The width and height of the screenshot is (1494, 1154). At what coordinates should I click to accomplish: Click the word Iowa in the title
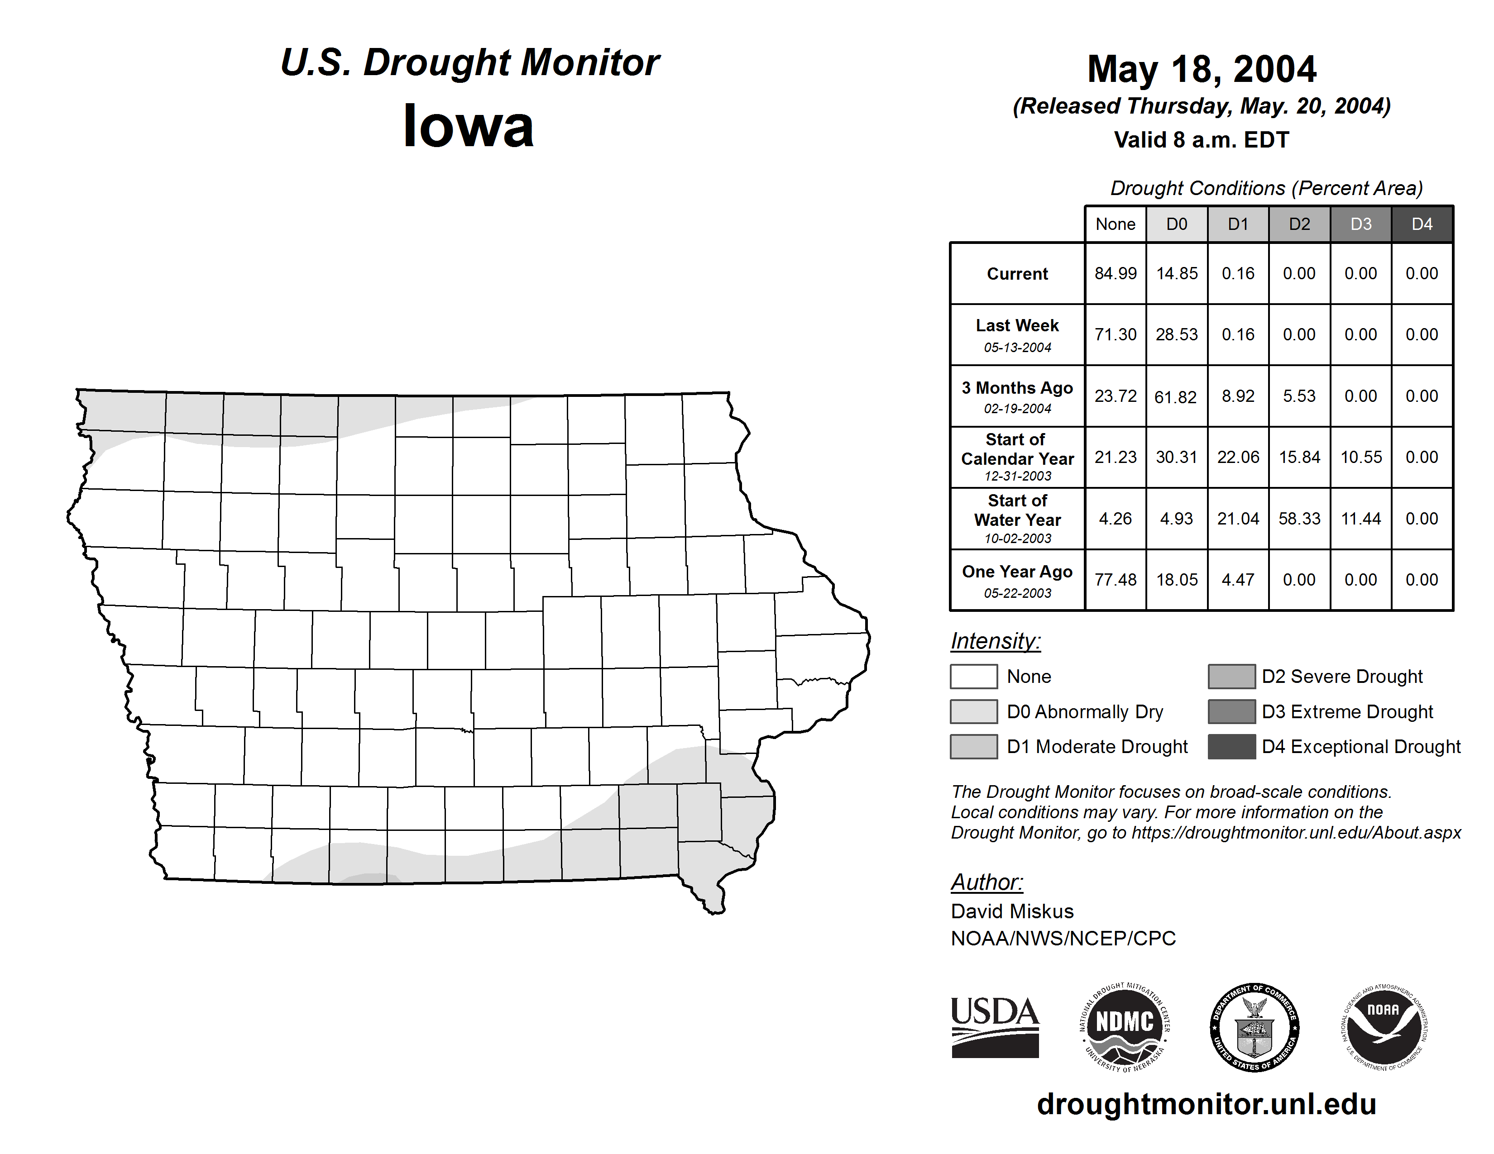(x=469, y=126)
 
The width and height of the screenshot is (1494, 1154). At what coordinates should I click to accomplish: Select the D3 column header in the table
(x=1360, y=224)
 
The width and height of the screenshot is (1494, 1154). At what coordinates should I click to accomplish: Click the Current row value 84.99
(x=1115, y=273)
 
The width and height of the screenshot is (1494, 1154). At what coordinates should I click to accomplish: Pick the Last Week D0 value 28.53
(x=1177, y=334)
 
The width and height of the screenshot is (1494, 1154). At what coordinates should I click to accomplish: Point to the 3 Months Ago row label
(x=1017, y=388)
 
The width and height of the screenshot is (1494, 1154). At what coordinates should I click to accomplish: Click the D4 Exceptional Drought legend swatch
(x=1231, y=747)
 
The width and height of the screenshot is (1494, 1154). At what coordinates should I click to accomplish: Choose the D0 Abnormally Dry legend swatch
(x=973, y=711)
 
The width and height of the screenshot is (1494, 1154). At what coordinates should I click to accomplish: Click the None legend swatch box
(x=973, y=676)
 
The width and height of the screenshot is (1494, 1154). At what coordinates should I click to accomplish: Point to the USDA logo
(x=995, y=1027)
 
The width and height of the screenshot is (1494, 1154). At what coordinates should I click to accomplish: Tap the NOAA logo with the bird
(x=1384, y=1027)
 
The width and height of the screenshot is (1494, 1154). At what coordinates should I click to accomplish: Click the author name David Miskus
(x=1012, y=911)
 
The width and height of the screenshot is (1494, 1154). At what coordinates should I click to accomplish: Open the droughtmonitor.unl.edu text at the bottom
(x=1206, y=1104)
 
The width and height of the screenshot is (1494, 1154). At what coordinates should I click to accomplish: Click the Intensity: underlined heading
(x=995, y=641)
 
